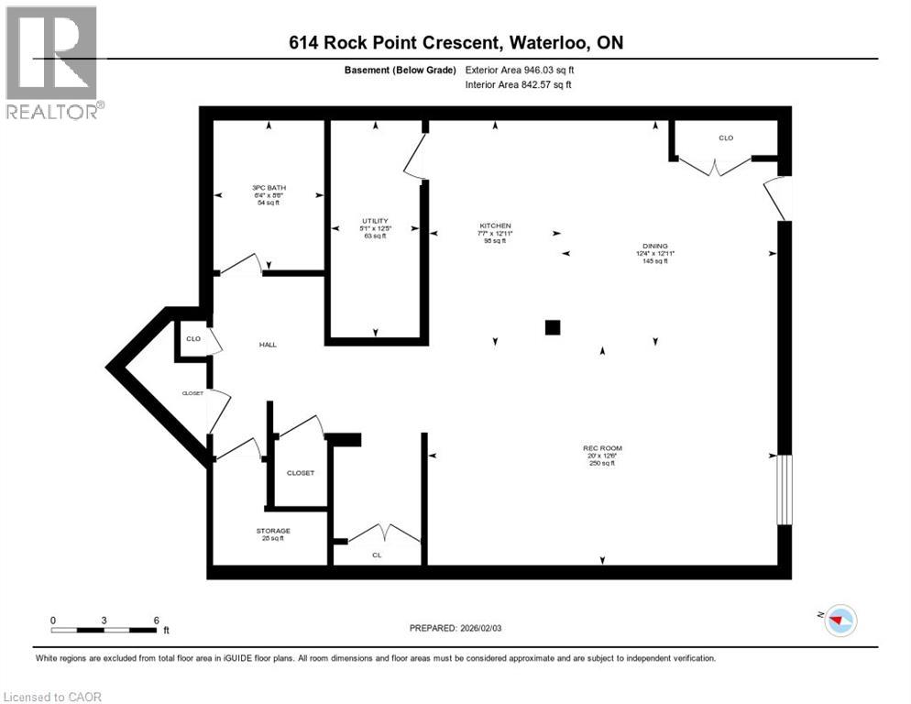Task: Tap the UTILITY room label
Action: pos(375,221)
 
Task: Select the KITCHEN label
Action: pos(495,225)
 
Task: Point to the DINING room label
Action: pos(654,246)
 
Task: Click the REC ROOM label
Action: pos(602,448)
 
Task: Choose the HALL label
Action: pos(267,345)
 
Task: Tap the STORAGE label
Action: pos(273,531)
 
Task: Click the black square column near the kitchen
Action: pos(553,327)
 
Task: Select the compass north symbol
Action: pos(840,620)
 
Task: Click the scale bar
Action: pos(104,630)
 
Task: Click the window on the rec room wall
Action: pos(785,490)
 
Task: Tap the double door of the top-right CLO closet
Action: pos(714,166)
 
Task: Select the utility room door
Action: pos(415,157)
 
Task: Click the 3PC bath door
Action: pos(241,264)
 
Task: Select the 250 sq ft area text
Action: pos(602,463)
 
